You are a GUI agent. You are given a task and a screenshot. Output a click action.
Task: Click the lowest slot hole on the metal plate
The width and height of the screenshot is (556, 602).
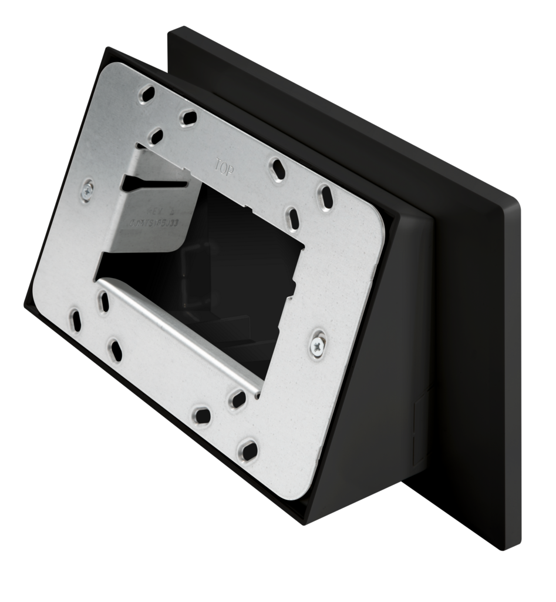click(247, 451)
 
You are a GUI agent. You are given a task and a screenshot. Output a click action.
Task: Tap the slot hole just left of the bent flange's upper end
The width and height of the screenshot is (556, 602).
click(103, 301)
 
